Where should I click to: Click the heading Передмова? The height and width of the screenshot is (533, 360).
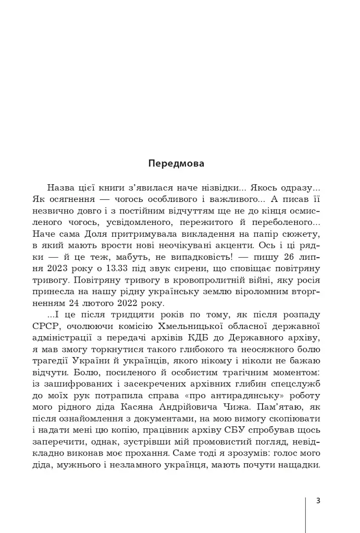click(x=176, y=163)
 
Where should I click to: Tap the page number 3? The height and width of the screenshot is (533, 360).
click(x=318, y=501)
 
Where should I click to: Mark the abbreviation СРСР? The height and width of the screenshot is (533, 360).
click(x=45, y=327)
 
